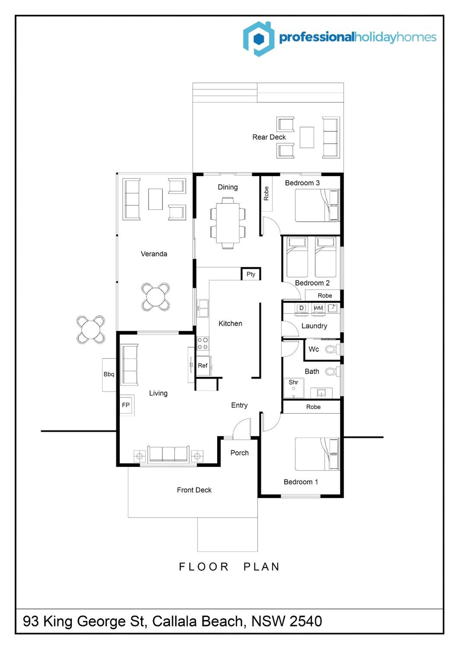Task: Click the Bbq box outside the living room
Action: pos(109,375)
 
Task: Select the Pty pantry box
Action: pos(251,274)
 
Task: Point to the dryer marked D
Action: pos(301,308)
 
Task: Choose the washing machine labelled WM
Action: pos(318,308)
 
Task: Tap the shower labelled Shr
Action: pos(293,388)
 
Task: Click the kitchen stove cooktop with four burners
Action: pos(203,343)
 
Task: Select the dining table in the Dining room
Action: pos(228,223)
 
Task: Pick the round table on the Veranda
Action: pos(155,297)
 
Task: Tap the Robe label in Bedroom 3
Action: pos(266,193)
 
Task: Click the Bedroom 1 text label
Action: pos(301,482)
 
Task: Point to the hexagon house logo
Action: pos(259,39)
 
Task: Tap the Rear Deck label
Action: pos(269,137)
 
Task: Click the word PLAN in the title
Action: pos(262,567)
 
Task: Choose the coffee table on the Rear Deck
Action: pos(307,137)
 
